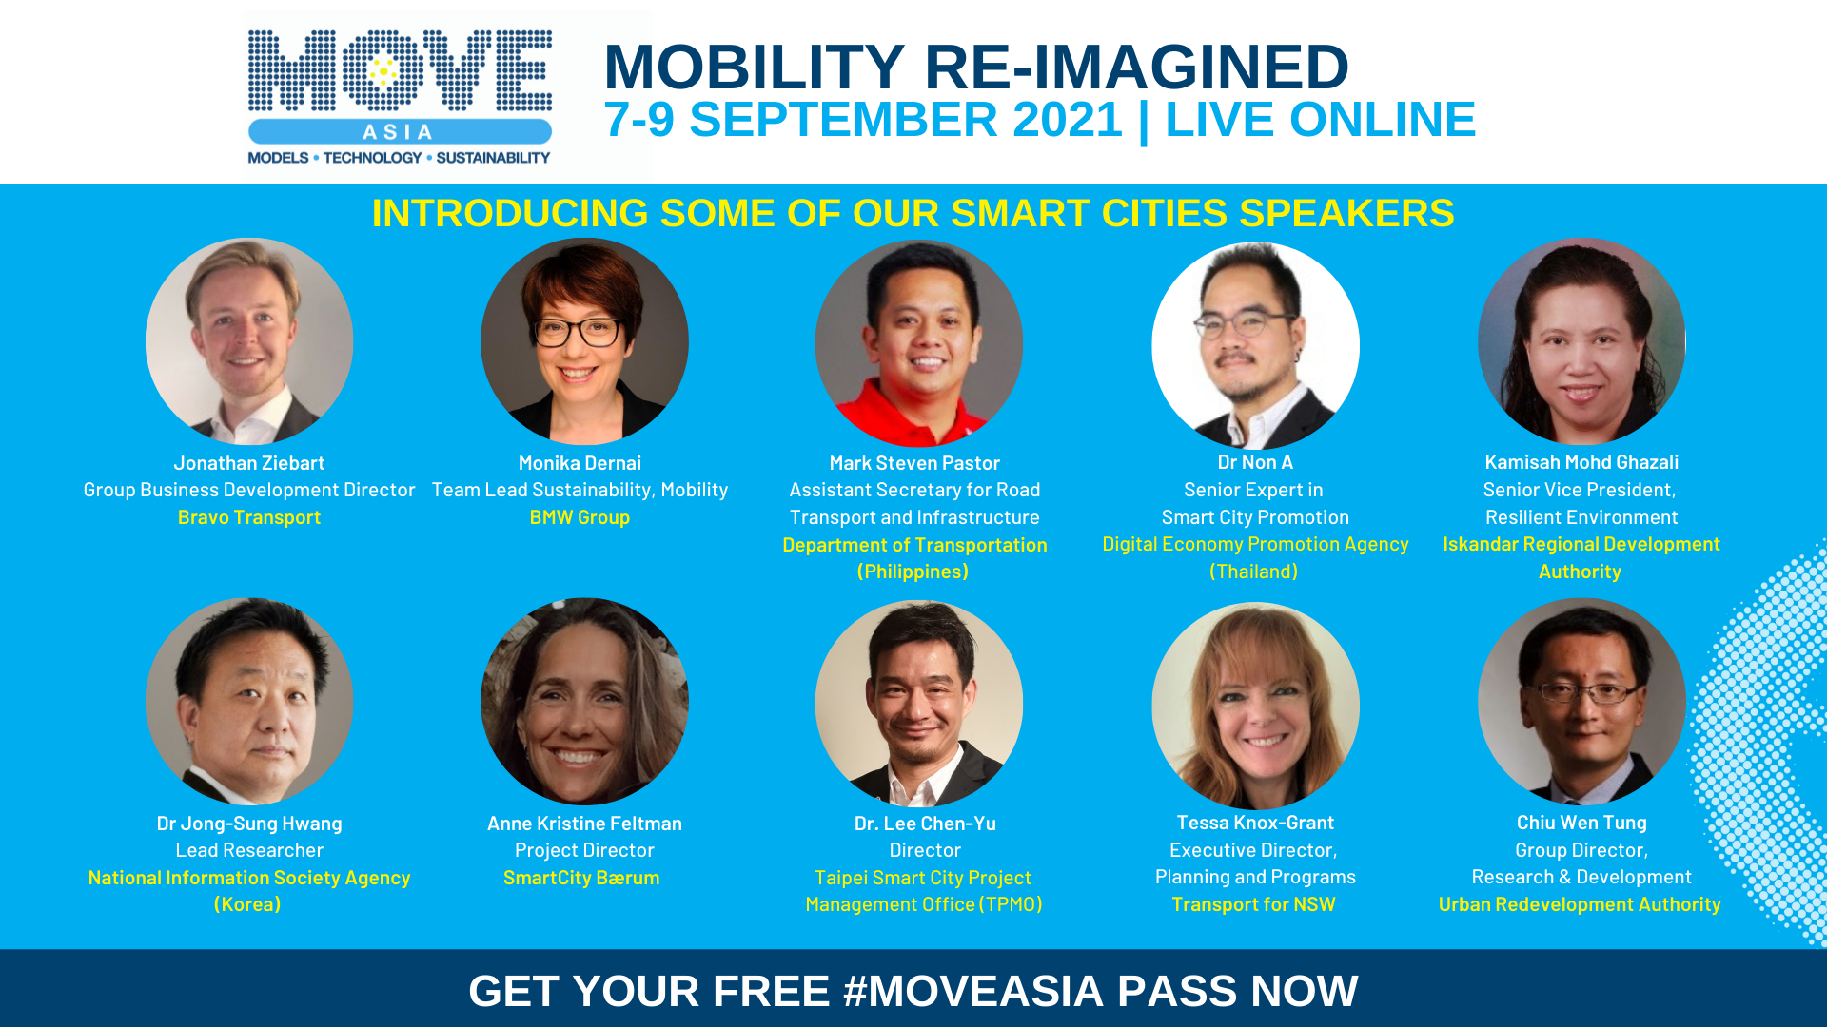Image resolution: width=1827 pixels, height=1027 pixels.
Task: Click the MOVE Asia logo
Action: pyautogui.click(x=400, y=97)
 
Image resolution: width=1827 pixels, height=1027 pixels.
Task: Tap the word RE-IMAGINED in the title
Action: pyautogui.click(x=1136, y=67)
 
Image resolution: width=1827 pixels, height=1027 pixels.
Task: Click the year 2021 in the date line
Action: pyautogui.click(x=1068, y=120)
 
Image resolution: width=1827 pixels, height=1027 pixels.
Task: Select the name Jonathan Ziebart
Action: pyautogui.click(x=249, y=463)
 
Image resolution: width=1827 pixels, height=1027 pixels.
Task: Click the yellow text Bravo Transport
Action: pyautogui.click(x=249, y=517)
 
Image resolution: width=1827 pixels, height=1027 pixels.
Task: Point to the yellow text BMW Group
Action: pyautogui.click(x=580, y=517)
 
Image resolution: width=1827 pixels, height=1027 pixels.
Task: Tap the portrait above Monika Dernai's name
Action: pyautogui.click(x=584, y=341)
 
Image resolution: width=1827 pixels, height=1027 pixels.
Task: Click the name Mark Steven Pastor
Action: pyautogui.click(x=914, y=463)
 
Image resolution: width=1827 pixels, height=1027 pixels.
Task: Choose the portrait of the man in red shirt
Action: pyautogui.click(x=919, y=343)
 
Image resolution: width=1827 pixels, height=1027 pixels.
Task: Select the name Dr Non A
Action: pyautogui.click(x=1255, y=462)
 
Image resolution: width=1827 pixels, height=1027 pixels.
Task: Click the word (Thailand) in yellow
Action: pyautogui.click(x=1253, y=572)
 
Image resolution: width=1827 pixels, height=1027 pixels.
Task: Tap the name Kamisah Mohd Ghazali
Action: pyautogui.click(x=1581, y=462)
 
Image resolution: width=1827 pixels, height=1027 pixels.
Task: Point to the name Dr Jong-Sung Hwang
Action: pyautogui.click(x=249, y=824)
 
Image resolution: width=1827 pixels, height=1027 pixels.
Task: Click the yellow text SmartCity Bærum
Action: pyautogui.click(x=581, y=878)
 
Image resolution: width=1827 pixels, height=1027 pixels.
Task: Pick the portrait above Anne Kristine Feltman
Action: pyautogui.click(x=584, y=702)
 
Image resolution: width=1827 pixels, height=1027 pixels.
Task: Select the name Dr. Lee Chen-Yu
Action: pyautogui.click(x=925, y=824)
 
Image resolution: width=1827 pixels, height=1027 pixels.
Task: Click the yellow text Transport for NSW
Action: pyautogui.click(x=1253, y=904)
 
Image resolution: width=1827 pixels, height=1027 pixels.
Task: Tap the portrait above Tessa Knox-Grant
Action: pyautogui.click(x=1255, y=706)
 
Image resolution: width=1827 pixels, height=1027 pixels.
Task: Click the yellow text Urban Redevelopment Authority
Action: pyautogui.click(x=1580, y=904)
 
